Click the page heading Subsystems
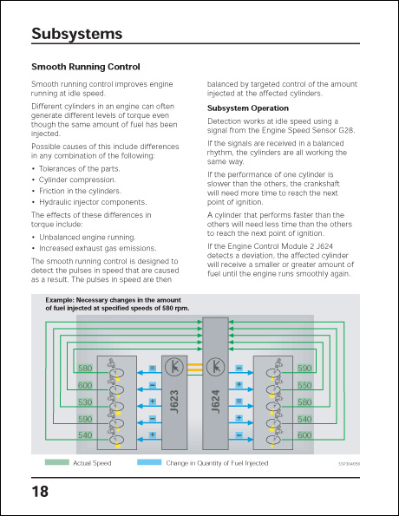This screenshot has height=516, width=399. point(76,34)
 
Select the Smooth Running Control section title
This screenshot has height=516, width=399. point(86,67)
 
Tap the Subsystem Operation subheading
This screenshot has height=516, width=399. point(248,108)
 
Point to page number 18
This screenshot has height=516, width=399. point(40,492)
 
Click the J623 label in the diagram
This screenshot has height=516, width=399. point(174,402)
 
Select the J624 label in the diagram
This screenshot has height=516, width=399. point(216,402)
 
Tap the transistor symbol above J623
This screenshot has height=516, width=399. point(174,366)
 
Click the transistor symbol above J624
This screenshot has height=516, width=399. point(215,366)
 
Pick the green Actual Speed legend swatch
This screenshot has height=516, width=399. point(57,462)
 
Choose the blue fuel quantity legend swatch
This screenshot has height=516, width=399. point(149,462)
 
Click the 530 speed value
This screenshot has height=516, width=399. point(85,402)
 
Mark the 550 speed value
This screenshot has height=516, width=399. point(304,385)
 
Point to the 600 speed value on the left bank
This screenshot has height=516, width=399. point(85,385)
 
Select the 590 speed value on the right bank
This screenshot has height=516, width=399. point(304,368)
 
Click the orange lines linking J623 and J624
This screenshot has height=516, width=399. point(195,367)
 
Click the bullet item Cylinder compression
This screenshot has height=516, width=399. point(77,180)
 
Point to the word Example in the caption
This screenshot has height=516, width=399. point(60,300)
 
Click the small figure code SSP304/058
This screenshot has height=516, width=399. point(349,464)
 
